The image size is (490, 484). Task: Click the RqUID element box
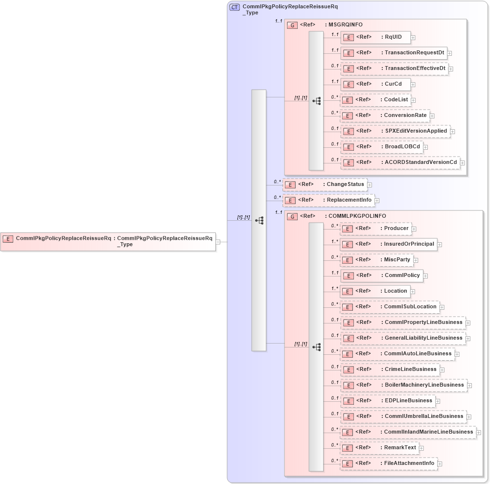[375, 37]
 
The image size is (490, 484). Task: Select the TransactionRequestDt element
[394, 53]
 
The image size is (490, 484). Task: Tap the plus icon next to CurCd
[413, 85]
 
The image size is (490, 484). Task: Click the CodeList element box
[374, 100]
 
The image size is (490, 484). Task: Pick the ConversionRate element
[385, 115]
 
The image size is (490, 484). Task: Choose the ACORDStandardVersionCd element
[400, 162]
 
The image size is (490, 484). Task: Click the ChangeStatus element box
[325, 184]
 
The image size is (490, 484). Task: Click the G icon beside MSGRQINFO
[292, 25]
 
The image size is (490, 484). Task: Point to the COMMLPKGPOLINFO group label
[357, 216]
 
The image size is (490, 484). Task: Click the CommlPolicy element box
[382, 276]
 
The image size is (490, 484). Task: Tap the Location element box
[375, 291]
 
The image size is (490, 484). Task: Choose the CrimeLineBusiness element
[390, 369]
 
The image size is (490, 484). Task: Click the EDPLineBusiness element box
[388, 401]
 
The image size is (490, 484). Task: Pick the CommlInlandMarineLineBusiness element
[408, 432]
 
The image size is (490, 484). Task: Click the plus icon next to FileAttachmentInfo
[440, 463]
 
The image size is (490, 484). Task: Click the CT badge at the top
[234, 7]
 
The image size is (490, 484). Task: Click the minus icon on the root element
[218, 241]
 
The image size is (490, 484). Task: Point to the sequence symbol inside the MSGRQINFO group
[316, 101]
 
